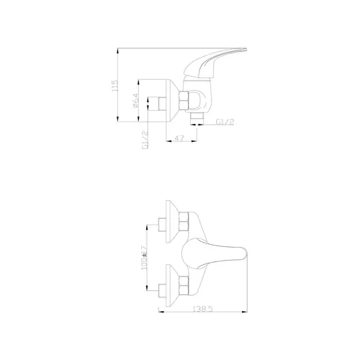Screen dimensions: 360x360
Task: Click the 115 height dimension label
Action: tap(115, 86)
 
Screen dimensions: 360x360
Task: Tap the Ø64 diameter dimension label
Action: tap(136, 100)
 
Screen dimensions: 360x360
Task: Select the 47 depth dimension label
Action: tap(179, 138)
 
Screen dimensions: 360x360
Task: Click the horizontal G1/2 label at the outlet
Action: tap(225, 122)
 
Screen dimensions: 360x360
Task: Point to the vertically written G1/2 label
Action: tap(145, 140)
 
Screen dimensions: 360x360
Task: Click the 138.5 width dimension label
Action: tap(203, 309)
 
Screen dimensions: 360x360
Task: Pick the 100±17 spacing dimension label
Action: tap(144, 258)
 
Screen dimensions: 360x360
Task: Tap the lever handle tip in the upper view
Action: tap(246, 50)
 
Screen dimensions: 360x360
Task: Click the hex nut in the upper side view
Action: tap(184, 102)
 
